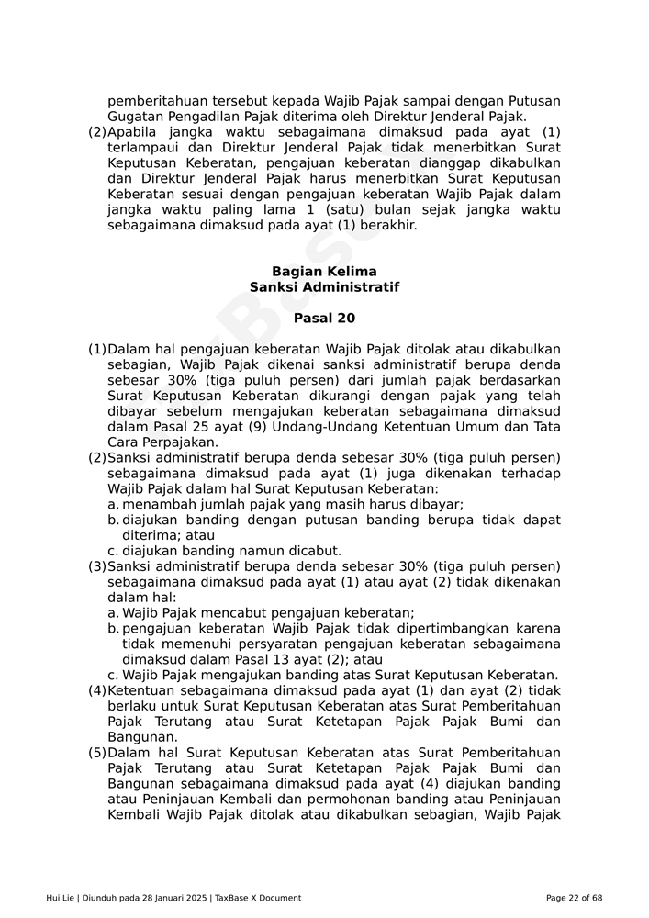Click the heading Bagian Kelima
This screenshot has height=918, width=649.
[x=324, y=272]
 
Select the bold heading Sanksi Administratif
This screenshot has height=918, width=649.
[x=324, y=287]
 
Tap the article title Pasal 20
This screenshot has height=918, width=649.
[x=324, y=319]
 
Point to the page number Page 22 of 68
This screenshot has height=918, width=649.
[x=574, y=898]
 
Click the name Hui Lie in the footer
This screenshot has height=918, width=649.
[x=61, y=898]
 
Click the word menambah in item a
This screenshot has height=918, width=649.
[x=154, y=505]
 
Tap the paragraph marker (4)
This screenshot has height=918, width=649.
[x=97, y=691]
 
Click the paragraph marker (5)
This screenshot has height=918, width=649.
[x=97, y=754]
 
